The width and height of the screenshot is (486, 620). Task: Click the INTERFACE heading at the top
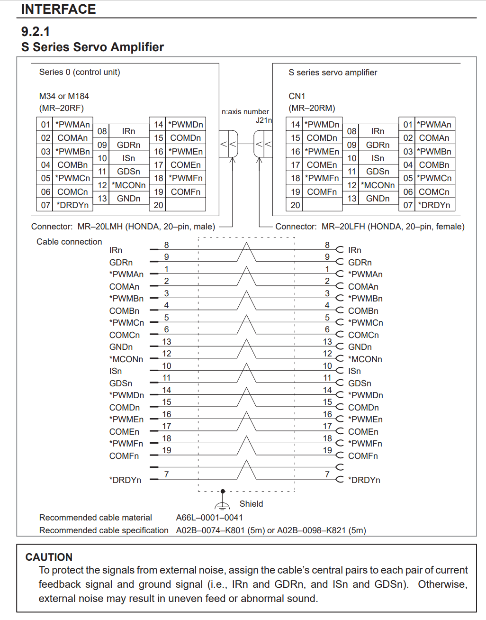pos(58,9)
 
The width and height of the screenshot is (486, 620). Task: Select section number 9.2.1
pos(36,31)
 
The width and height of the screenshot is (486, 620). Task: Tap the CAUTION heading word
pos(49,557)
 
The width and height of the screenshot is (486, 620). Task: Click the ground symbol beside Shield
pos(223,505)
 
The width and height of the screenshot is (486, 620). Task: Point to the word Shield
pos(251,504)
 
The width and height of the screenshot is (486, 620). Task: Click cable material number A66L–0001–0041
pos(209,518)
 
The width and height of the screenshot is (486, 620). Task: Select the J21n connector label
pos(264,120)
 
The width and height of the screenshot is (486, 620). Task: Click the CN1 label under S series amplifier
pos(297,96)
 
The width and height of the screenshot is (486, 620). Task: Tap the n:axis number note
pos(245,112)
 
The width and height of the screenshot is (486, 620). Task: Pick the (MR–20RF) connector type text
pos(62,108)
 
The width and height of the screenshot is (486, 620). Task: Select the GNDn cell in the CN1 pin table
pos(378,199)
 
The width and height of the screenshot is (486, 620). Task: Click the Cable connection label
pos(69,242)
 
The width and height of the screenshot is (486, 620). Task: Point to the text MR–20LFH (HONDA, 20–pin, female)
pos(393,227)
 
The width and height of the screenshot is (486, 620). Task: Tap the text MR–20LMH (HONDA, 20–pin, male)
pos(146,227)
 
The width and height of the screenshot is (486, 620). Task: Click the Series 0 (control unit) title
pos(80,72)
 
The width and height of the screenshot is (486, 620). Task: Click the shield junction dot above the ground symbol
pos(223,492)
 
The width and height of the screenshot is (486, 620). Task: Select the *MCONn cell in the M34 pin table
pos(128,185)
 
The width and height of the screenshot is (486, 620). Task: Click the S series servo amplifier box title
pos(333,73)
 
